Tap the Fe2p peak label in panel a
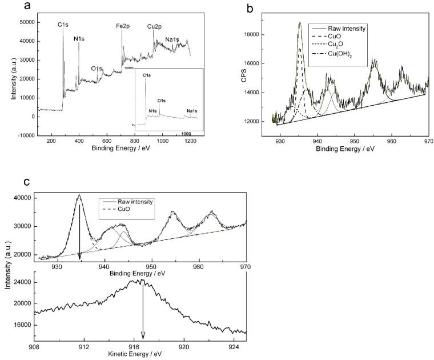122,26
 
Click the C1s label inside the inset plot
147,75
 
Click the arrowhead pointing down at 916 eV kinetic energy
143,336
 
